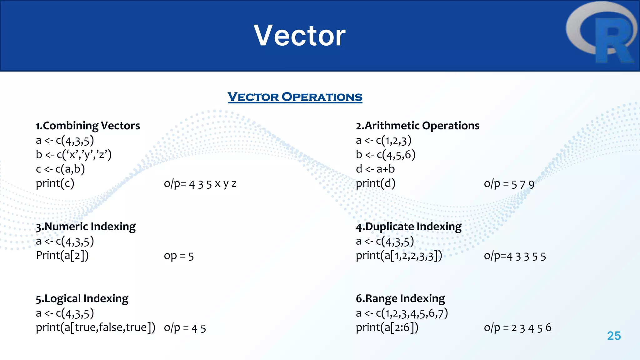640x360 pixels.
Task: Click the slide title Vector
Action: (299, 36)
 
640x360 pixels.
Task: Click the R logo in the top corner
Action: (602, 33)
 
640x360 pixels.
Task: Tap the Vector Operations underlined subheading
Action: (295, 97)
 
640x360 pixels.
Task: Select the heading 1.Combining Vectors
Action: (88, 126)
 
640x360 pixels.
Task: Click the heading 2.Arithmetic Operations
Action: (417, 126)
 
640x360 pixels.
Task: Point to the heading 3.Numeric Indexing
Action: (86, 226)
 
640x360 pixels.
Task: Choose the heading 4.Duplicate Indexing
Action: (408, 226)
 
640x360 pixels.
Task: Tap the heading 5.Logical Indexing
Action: (82, 298)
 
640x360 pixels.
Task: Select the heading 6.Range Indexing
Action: (400, 298)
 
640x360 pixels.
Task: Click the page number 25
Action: (614, 336)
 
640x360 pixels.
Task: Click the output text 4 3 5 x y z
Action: (200, 184)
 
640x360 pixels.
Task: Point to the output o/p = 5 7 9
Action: (509, 184)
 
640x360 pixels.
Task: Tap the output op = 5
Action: (179, 256)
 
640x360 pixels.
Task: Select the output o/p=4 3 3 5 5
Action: (515, 256)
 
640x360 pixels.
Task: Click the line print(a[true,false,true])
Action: (95, 327)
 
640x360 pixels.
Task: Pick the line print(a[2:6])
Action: (387, 327)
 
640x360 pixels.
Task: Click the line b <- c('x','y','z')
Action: (74, 155)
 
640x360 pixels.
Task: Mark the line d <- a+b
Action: (375, 169)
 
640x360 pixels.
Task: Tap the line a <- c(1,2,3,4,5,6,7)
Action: (402, 313)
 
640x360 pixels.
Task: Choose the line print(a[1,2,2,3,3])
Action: (399, 256)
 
